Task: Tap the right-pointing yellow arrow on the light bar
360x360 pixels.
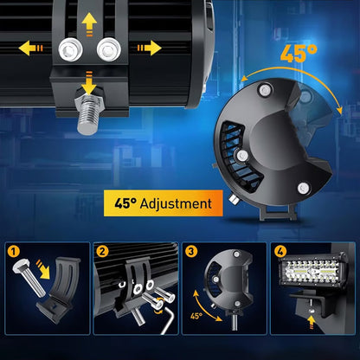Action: tap(149, 48)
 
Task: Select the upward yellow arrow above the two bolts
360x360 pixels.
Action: tap(89, 23)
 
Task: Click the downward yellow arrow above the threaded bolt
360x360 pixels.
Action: tap(89, 83)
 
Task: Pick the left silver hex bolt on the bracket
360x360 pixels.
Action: tap(71, 49)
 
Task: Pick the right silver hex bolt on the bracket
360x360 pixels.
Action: tap(109, 49)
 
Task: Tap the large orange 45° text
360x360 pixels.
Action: tap(299, 54)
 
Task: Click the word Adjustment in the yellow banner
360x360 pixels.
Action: tap(176, 203)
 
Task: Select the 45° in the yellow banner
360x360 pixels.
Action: tap(125, 202)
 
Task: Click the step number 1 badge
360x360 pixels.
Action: tap(14, 251)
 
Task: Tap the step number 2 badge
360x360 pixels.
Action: tap(102, 251)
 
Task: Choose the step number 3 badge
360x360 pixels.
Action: tap(190, 251)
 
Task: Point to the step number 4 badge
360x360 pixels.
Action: tap(280, 251)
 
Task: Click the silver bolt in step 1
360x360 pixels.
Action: tap(29, 277)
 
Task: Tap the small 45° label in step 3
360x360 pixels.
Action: tap(196, 316)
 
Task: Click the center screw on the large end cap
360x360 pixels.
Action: tap(242, 156)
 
